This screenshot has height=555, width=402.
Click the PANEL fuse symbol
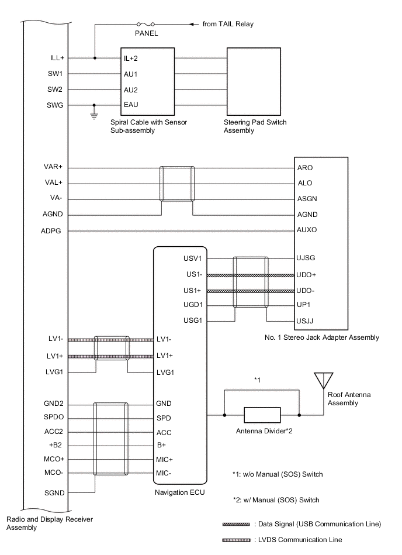[x=146, y=25]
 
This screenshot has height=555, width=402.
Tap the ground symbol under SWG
[x=94, y=115]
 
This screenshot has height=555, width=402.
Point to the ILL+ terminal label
[x=57, y=58]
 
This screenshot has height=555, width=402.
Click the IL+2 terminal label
[x=130, y=58]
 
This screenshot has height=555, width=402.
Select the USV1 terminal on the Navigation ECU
[x=192, y=258]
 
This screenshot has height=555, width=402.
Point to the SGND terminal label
[x=54, y=493]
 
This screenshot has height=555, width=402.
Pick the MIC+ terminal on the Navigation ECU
[x=164, y=459]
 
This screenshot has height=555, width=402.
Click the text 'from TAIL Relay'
[x=228, y=25]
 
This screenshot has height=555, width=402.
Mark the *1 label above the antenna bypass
[x=257, y=381]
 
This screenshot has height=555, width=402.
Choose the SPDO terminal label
[x=54, y=418]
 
